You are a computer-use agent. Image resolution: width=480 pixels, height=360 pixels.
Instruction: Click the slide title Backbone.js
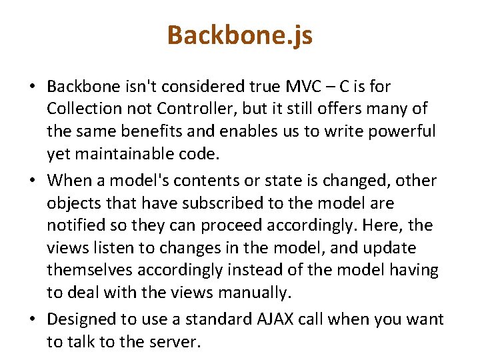tap(239, 35)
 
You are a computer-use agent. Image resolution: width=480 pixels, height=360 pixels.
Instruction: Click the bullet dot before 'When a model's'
tap(32, 181)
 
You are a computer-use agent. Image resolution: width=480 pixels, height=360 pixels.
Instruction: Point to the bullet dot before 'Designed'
tap(32, 320)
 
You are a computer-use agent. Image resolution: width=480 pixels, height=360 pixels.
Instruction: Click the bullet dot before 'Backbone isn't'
tap(32, 87)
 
